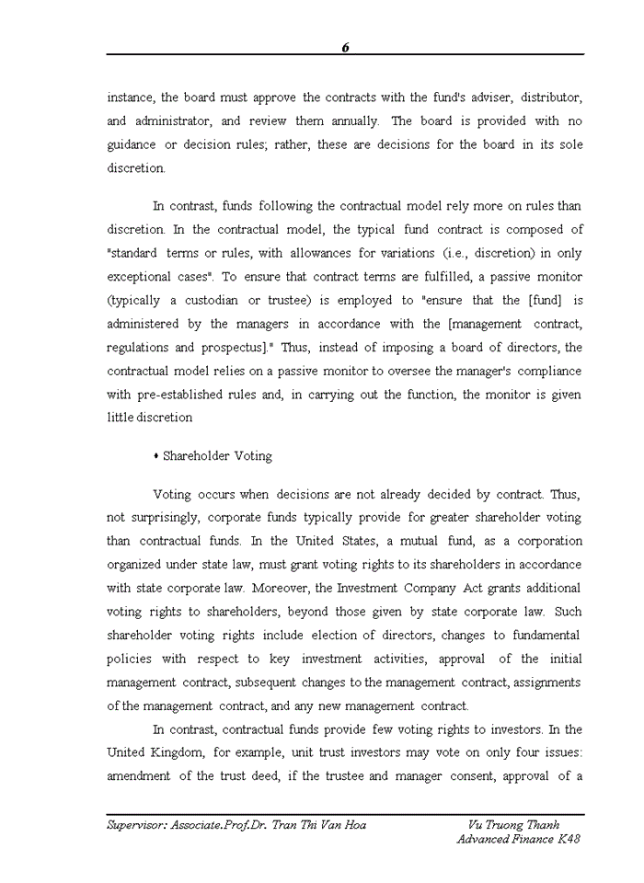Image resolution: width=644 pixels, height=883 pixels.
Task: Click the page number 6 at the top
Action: point(345,48)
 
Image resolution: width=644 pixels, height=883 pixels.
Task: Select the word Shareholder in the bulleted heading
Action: point(198,456)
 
